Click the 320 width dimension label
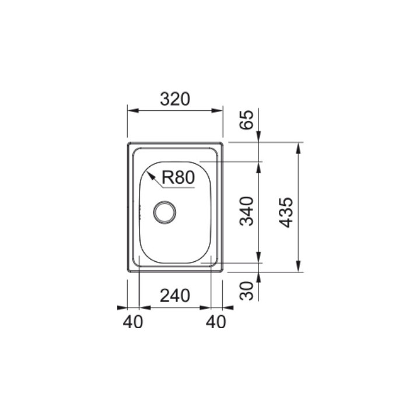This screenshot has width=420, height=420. (x=175, y=99)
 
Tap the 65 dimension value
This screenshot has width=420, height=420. (x=246, y=120)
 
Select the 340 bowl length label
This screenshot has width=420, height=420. (x=246, y=211)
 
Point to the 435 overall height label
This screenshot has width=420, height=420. (x=286, y=213)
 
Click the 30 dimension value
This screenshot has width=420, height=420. (x=246, y=290)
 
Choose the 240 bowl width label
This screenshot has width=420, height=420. (x=175, y=296)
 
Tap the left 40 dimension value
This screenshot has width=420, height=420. (x=133, y=321)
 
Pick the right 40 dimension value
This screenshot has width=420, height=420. (x=216, y=321)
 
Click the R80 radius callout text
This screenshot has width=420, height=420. (x=178, y=177)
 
